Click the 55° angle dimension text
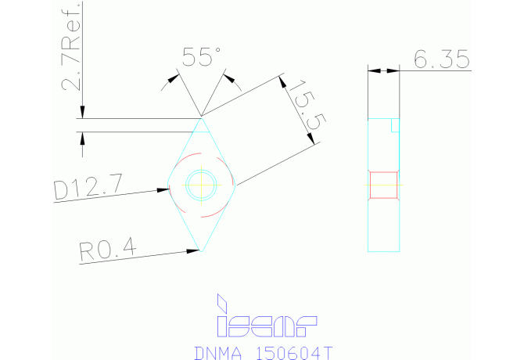pyautogui.click(x=201, y=58)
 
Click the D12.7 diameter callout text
pyautogui.click(x=88, y=188)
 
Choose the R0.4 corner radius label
pyautogui.click(x=107, y=250)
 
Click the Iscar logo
pyautogui.click(x=267, y=323)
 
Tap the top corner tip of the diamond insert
pyautogui.click(x=202, y=118)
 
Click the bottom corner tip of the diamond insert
pyautogui.click(x=202, y=250)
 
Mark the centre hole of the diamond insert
pyautogui.click(x=202, y=185)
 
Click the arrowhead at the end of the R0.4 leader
pyautogui.click(x=194, y=250)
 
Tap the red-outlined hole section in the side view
pyautogui.click(x=384, y=185)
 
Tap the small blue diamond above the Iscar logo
pyautogui.click(x=223, y=301)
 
